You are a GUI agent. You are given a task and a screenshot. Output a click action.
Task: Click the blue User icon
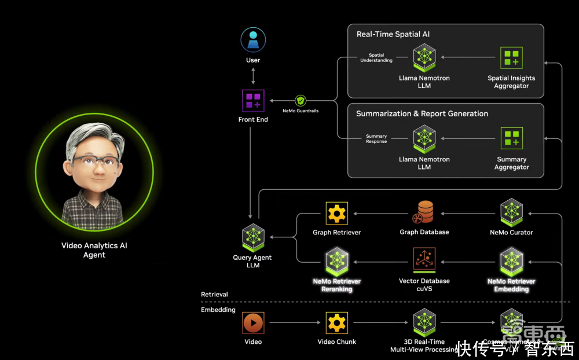pos(253,40)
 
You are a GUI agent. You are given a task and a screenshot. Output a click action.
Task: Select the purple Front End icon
pos(253,100)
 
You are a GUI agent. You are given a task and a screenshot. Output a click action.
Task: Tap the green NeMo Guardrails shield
pos(301,100)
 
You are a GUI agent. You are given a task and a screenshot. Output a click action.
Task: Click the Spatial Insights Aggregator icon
pos(511,58)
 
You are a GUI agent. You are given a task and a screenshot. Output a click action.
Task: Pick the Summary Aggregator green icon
pos(511,139)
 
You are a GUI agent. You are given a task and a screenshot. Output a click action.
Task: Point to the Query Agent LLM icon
pos(253,237)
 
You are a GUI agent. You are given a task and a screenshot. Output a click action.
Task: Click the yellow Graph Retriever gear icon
pos(336,213)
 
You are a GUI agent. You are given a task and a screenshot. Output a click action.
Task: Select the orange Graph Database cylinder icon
pos(424,212)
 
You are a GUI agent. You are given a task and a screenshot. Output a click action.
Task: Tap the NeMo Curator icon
pos(511,212)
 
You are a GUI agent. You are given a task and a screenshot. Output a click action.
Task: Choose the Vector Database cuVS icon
pos(424,260)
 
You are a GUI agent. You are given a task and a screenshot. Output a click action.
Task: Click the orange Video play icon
pos(253,322)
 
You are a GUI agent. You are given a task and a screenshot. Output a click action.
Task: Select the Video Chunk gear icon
pos(336,322)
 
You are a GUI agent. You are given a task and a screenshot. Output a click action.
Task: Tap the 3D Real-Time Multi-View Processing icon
pos(424,322)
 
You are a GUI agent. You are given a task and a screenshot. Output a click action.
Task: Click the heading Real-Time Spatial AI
pos(393,34)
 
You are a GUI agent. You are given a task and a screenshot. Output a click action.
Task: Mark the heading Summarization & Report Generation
pos(422,113)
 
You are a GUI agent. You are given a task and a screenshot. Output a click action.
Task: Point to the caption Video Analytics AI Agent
pos(94,250)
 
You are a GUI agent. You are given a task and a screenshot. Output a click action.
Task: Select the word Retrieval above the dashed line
pos(214,295)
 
